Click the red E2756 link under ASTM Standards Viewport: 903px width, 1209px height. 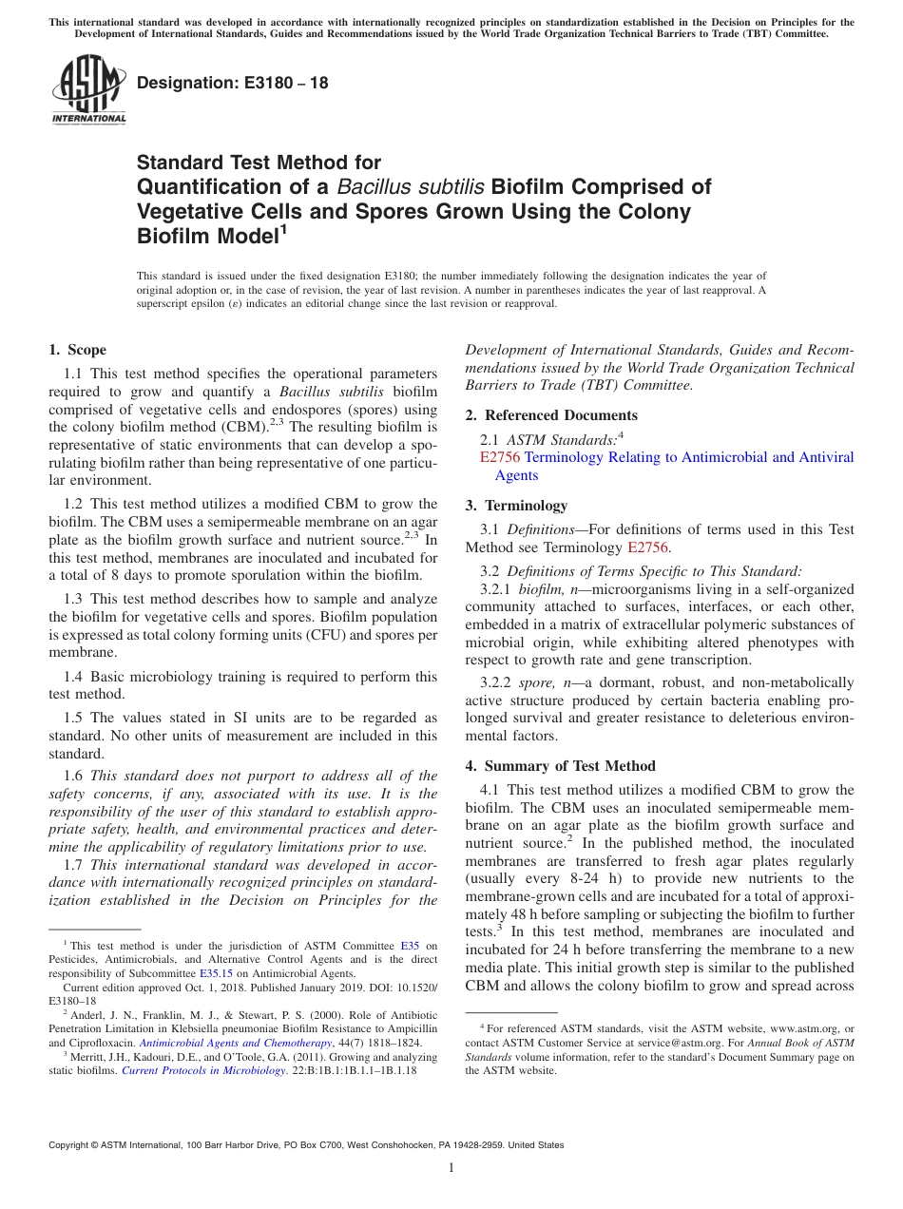pos(500,457)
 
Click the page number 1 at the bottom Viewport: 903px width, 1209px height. pos(451,1167)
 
